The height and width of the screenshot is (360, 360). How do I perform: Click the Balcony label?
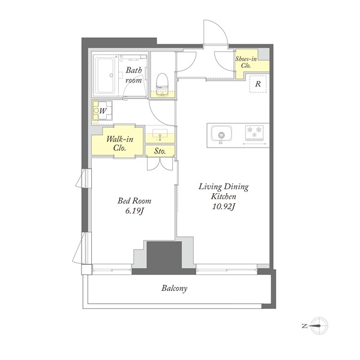[174, 289]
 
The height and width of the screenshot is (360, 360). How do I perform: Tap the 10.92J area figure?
[223, 207]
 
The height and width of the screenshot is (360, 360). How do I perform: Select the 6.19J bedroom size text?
[134, 211]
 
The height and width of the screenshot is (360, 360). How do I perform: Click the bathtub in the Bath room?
[106, 76]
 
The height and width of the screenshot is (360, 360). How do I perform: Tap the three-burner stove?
[254, 133]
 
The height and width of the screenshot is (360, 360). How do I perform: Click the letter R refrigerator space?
[258, 84]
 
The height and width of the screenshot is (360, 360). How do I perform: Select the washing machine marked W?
[103, 111]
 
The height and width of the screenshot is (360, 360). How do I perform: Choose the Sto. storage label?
[160, 151]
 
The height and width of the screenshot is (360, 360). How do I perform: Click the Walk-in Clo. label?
[119, 143]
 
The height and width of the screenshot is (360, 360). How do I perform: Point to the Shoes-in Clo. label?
[246, 62]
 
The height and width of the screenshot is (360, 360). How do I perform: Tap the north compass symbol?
[318, 326]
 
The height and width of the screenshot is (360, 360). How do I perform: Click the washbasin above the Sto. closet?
[160, 135]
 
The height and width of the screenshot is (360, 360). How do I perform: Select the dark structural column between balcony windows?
[164, 257]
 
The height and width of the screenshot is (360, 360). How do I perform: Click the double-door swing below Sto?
[160, 164]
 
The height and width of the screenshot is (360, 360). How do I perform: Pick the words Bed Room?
[134, 201]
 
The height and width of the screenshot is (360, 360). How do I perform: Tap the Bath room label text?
[133, 75]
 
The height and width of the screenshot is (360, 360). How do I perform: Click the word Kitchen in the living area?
[223, 197]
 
